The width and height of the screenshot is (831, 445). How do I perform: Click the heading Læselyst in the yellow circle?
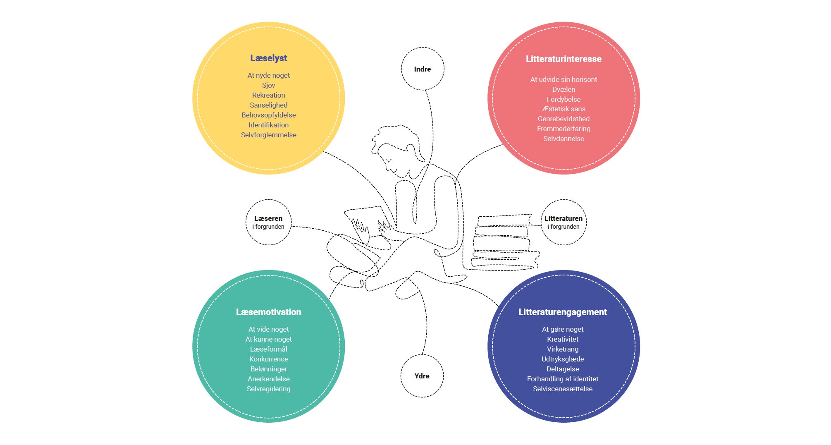[x=268, y=58]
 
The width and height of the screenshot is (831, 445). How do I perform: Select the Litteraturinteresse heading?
[x=564, y=59]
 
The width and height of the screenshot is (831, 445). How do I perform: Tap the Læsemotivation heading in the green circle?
[x=268, y=312]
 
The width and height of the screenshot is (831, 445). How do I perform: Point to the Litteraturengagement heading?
[x=563, y=312]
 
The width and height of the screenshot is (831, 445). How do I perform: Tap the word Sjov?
[x=268, y=85]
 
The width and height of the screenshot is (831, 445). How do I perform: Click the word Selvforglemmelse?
[x=268, y=135]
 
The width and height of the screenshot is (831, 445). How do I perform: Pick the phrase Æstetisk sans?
[x=564, y=109]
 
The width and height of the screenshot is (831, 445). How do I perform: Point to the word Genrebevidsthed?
[x=564, y=119]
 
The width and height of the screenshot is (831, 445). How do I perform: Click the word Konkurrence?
[x=268, y=359]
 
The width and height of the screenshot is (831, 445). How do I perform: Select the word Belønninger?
[x=268, y=369]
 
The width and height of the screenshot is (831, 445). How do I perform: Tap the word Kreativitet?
[x=563, y=339]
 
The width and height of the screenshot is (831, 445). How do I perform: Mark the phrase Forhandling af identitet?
[x=563, y=379]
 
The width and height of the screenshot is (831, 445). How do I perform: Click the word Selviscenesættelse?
[x=563, y=389]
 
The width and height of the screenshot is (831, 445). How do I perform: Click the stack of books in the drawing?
[x=505, y=242]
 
